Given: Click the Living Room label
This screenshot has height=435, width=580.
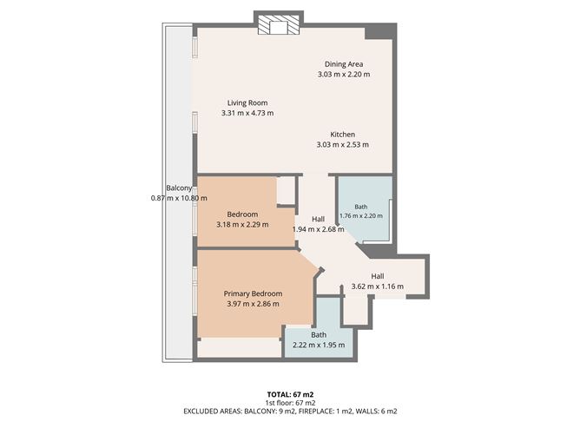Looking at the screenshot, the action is (247, 102).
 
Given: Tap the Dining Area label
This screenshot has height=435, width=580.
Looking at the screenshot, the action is (344, 64).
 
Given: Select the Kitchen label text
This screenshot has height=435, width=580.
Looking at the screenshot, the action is (342, 135).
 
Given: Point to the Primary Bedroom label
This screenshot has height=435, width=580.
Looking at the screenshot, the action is (253, 293).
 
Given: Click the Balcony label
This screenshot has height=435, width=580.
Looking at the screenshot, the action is (179, 188).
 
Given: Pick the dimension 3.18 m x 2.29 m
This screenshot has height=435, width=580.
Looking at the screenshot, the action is (242, 225).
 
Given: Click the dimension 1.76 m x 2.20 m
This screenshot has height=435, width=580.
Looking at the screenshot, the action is (361, 215).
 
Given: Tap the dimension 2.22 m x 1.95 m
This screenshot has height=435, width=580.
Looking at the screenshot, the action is (319, 345).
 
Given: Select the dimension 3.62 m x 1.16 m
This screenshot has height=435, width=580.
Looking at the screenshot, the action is (378, 287).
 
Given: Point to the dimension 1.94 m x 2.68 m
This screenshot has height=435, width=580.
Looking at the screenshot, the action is (318, 229).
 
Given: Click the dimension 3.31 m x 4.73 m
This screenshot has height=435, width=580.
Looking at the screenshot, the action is (247, 113).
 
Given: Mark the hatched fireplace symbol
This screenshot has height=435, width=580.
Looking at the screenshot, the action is (279, 25).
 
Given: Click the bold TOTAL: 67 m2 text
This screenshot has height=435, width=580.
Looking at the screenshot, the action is (290, 395).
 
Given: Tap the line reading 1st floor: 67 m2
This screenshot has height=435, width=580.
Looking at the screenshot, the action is (290, 403).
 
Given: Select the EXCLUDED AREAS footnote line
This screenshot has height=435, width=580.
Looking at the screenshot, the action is (290, 412).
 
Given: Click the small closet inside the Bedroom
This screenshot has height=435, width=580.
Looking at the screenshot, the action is (286, 190).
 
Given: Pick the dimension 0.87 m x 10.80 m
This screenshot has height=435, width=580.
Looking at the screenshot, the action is (179, 198).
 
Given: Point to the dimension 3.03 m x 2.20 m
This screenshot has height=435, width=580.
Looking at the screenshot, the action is (344, 75).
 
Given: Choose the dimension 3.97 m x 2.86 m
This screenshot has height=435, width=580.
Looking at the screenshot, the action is (253, 304).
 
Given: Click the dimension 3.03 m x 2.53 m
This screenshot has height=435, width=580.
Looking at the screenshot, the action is (342, 145).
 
